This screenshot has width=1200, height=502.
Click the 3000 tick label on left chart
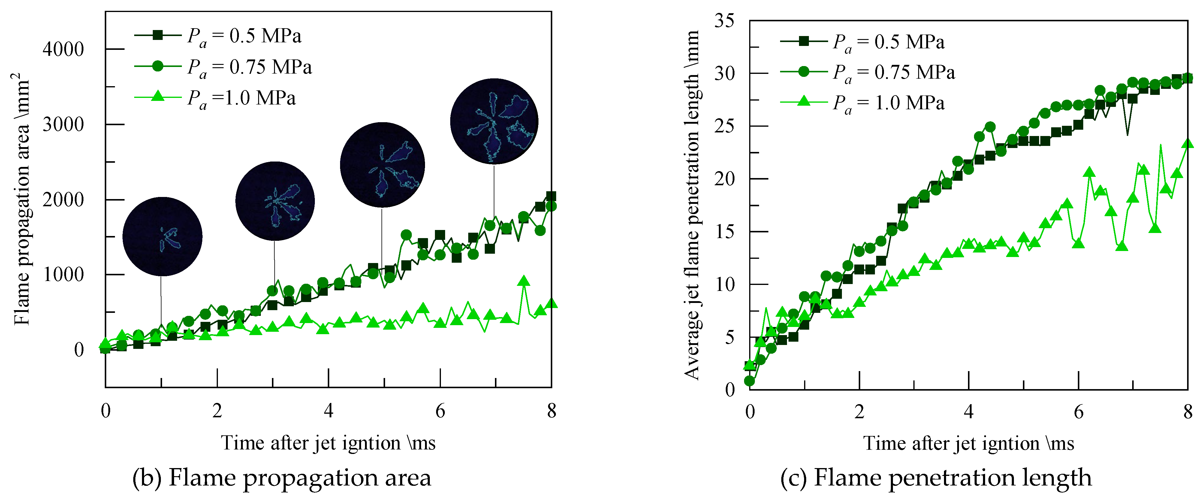coord(63,125)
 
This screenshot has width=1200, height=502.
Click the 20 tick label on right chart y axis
coord(724,179)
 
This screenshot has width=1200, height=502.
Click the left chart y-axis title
coord(22,198)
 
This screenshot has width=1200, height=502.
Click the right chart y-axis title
coord(692,205)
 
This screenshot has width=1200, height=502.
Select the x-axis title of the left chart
coord(328,443)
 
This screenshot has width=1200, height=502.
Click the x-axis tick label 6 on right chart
coord(1078,412)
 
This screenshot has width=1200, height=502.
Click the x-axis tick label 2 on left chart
coord(217,411)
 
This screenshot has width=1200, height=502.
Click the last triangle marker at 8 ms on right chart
coord(1188,144)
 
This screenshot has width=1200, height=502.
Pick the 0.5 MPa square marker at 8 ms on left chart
coord(551,196)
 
